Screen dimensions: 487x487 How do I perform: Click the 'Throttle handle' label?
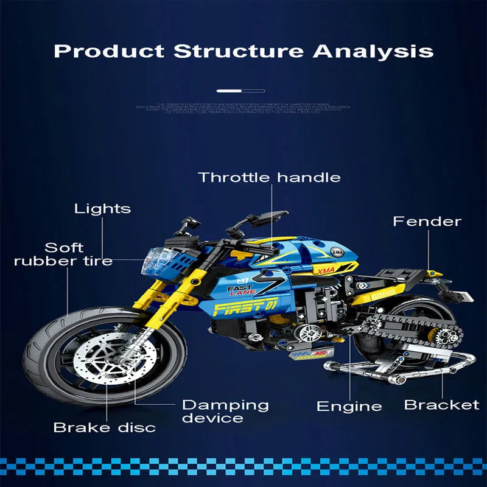269,178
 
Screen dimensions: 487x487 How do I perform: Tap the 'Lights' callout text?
102,209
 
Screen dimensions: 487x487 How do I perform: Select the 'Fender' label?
427,222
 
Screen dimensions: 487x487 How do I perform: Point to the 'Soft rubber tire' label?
64,254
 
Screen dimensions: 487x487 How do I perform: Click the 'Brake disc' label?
104,427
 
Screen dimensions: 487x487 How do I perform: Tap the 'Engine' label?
349,407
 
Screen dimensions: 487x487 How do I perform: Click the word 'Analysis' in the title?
373,50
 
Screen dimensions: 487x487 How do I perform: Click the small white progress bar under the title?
240,91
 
